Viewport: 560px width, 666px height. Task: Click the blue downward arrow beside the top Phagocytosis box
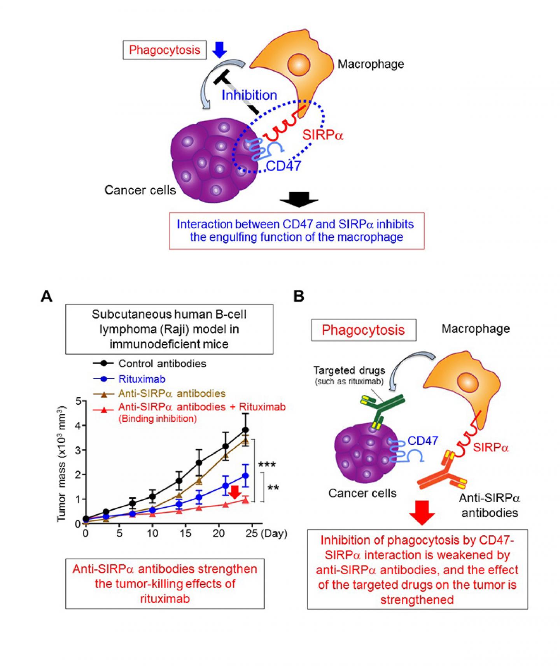pos(220,49)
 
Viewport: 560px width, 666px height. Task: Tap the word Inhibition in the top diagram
pos(249,95)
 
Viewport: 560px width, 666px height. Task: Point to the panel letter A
pos(46,296)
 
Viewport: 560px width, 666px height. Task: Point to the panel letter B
pos(299,296)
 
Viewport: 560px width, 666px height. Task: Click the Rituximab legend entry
pos(142,379)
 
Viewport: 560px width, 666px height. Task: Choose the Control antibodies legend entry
pos(162,364)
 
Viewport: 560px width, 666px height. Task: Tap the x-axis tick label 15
pos(186,533)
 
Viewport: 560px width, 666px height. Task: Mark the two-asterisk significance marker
pos(273,488)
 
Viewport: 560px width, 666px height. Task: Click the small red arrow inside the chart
pos(234,492)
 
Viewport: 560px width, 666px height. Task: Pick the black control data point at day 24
pos(245,429)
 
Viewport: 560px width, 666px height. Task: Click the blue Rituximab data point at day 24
pos(245,475)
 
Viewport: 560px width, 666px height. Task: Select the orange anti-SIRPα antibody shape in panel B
pos(439,473)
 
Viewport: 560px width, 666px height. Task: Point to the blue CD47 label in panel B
pos(423,440)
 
